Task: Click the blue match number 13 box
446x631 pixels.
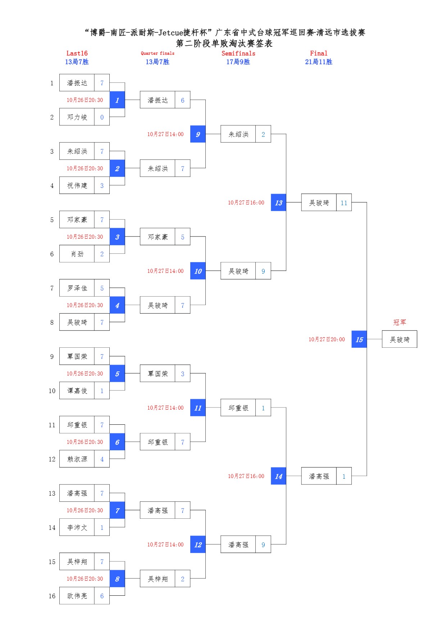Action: point(278,203)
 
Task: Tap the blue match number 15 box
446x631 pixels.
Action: point(359,339)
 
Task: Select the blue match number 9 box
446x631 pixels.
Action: point(198,134)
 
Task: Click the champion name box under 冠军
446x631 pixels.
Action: point(399,339)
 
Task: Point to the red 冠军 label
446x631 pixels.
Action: point(399,322)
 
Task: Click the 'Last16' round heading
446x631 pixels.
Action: point(77,53)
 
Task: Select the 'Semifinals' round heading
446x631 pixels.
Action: point(238,53)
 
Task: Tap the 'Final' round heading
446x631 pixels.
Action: point(319,53)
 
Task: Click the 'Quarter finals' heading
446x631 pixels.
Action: point(158,53)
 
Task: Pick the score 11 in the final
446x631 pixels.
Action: point(344,203)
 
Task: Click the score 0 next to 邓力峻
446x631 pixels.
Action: point(102,117)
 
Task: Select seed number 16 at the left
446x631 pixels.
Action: point(52,596)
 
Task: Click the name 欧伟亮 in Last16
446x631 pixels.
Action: point(77,596)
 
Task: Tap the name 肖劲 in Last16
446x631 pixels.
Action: point(77,254)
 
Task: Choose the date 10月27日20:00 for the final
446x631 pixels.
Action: point(327,339)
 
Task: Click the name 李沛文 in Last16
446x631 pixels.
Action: point(77,527)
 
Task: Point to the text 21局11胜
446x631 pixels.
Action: point(319,62)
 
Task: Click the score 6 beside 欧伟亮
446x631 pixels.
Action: point(102,596)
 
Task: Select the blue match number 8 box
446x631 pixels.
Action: point(117,579)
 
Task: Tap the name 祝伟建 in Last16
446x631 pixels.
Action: point(77,185)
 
